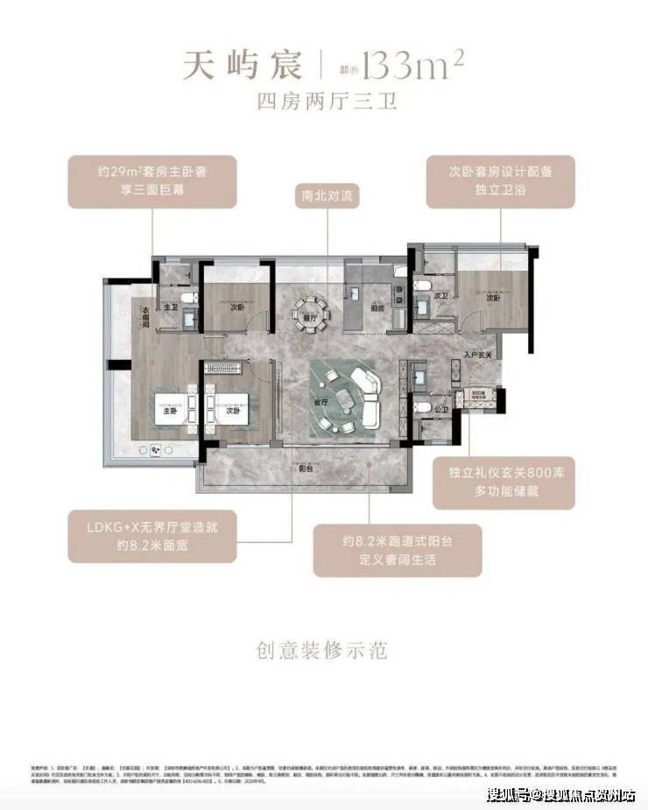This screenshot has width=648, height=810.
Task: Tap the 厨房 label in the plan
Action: point(377,306)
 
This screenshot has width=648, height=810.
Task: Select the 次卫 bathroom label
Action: point(441,296)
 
